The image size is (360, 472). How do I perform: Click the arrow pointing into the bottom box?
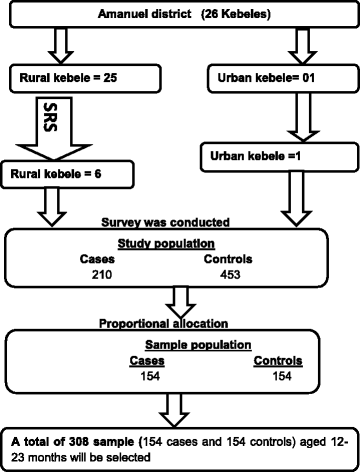coord(180,405)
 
